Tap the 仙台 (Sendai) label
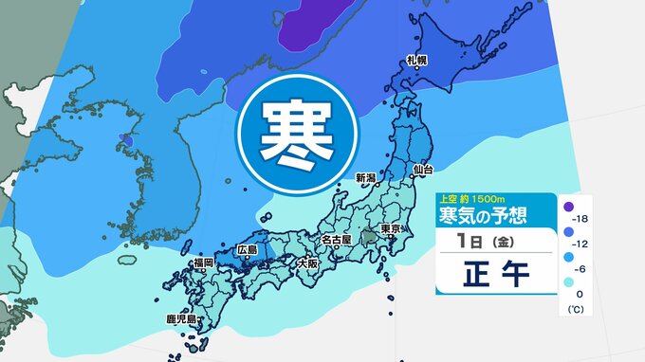click(x=423, y=169)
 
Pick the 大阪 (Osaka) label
click(x=306, y=262)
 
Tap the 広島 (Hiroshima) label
click(x=248, y=249)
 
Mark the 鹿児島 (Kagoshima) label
click(x=178, y=319)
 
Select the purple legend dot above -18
click(x=568, y=205)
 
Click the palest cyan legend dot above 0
click(x=568, y=282)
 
